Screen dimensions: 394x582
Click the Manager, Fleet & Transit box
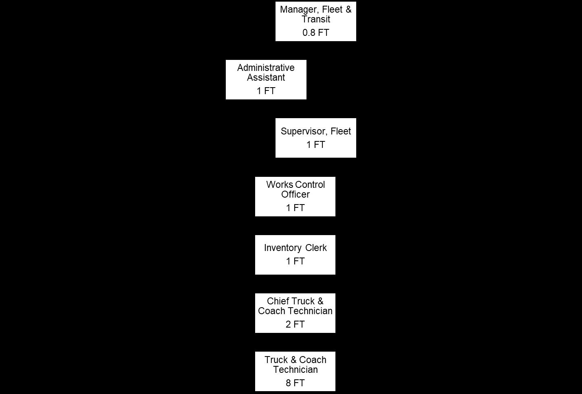[x=315, y=21]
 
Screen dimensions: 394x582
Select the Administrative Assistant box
[x=266, y=79]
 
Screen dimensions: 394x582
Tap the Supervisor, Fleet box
[x=315, y=138]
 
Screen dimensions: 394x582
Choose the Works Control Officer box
[x=295, y=196]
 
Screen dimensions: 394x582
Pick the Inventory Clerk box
[x=295, y=255]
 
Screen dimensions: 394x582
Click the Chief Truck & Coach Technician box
[x=295, y=313]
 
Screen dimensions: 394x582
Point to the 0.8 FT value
[x=315, y=33]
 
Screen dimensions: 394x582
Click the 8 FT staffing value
[x=295, y=383]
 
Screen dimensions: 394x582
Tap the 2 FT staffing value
[x=295, y=325]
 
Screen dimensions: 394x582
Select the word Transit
[x=315, y=19]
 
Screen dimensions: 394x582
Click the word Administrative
[x=266, y=68]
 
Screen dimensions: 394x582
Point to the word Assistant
[x=266, y=77]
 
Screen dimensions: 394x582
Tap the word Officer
[x=295, y=194]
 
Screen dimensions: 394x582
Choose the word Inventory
[x=282, y=248]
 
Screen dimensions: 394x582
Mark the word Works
[x=279, y=185]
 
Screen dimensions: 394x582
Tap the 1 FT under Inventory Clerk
[x=295, y=261]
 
